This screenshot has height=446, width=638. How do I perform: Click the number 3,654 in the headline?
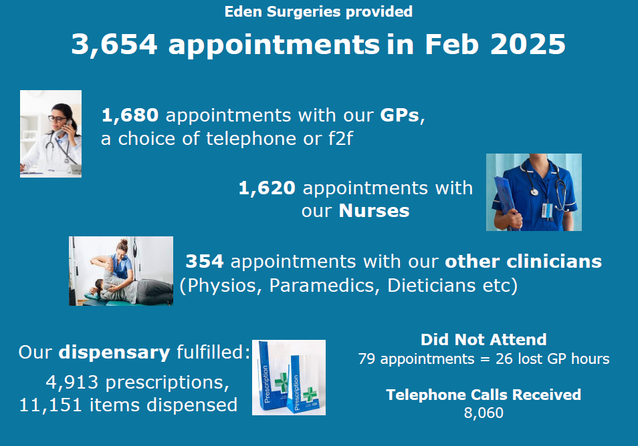click(114, 45)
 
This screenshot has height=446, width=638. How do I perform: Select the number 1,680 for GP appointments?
click(130, 116)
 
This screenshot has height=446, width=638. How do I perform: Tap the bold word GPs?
click(399, 116)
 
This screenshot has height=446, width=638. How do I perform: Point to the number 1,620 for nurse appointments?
click(267, 188)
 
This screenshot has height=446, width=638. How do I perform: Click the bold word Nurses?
click(374, 211)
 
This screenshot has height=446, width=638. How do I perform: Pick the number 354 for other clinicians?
click(205, 261)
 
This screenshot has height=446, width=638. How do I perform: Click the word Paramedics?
click(324, 285)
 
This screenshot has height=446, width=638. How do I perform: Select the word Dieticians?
click(431, 285)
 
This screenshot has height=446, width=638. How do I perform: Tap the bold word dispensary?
click(114, 353)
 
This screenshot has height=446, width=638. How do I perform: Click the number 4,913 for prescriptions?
click(72, 382)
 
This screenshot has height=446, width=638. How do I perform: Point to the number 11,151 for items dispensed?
click(50, 405)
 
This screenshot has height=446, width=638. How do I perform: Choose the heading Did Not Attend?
click(484, 340)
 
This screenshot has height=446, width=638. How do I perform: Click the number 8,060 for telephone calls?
click(484, 413)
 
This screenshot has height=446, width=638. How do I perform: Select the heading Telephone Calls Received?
click(484, 395)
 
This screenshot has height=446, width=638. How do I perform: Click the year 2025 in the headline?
click(528, 44)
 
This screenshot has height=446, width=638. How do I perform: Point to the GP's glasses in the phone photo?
click(57, 119)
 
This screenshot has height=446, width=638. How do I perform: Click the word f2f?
click(340, 138)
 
